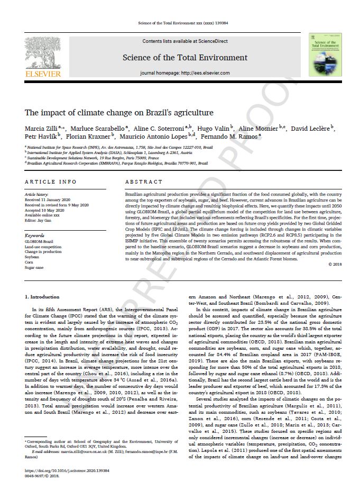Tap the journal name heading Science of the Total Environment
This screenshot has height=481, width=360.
coord(184,57)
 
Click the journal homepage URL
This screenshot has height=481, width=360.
coord(203,72)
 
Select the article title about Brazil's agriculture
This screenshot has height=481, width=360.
coord(119,113)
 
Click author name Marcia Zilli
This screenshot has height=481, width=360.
coord(40,129)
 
